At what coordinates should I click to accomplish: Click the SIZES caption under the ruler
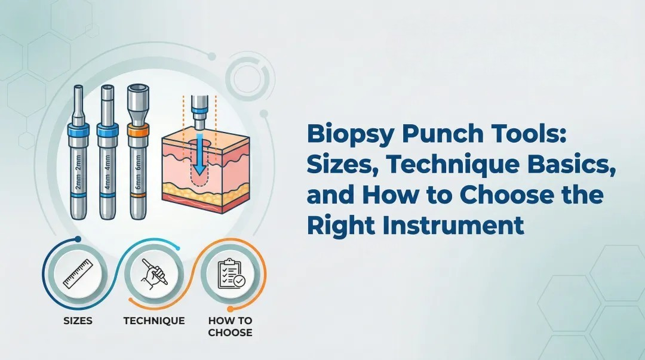(x=78, y=321)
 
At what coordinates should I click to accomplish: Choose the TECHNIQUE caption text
(x=153, y=321)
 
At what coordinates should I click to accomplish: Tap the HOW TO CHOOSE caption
(x=230, y=326)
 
